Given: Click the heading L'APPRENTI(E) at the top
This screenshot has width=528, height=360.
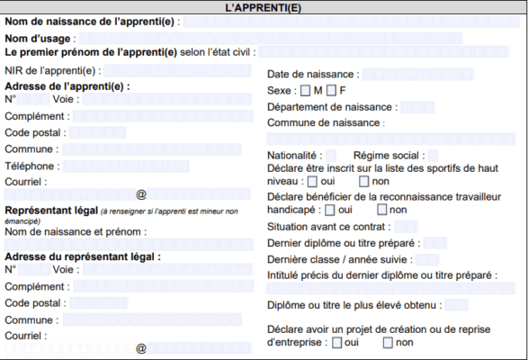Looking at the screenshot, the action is point(264,6).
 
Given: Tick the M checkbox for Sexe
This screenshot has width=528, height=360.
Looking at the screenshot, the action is point(306,91).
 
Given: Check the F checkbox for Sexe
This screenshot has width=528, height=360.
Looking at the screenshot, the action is point(331,91).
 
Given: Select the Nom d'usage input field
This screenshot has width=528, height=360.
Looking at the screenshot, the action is point(297,39).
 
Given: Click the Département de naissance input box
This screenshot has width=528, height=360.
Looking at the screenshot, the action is point(416,107).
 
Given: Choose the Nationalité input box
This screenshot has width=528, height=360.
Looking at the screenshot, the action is point(331,156).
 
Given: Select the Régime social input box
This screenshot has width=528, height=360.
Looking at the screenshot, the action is point(433,156).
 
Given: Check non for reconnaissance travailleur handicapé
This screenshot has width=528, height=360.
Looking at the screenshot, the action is point(381,210).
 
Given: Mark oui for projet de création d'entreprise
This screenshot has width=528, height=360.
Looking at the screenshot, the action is point(336,343).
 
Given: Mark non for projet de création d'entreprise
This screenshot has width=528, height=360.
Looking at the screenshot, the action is point(388,343).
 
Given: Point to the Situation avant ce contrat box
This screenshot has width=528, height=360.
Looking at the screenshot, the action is point(406,226).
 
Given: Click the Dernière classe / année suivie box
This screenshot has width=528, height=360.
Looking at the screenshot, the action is point(426,259).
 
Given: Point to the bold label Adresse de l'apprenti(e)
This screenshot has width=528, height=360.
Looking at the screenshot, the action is point(67,86).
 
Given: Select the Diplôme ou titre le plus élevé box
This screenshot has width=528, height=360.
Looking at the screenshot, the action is point(456,305).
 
